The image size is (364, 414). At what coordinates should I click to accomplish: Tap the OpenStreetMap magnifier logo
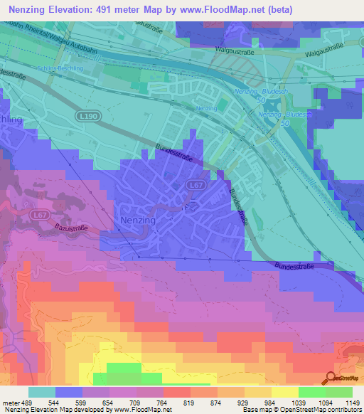331,378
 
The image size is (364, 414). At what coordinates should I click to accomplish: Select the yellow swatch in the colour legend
285,391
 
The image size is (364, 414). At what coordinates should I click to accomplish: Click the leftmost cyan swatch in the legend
42,391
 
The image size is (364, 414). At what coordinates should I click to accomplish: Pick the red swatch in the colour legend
177,391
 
